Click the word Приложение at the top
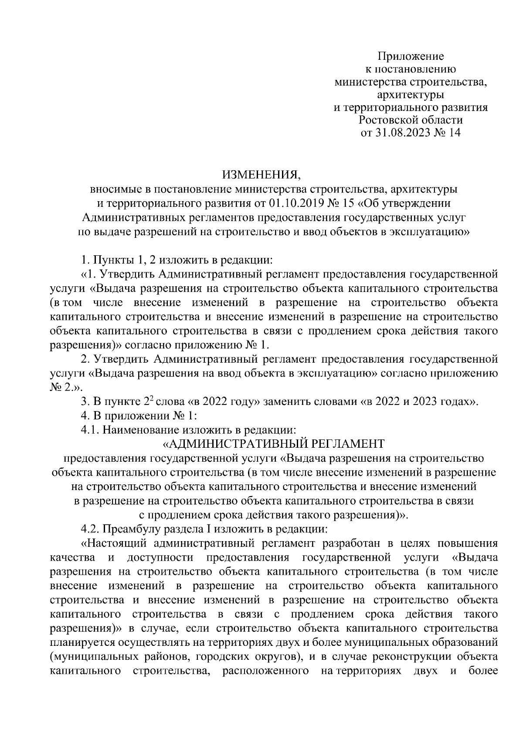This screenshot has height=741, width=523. click(411, 56)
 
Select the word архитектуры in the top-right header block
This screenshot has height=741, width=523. click(411, 94)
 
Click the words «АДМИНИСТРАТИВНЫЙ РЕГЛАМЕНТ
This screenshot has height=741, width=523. click(273, 444)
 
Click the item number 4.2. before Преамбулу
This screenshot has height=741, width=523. click(91, 529)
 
